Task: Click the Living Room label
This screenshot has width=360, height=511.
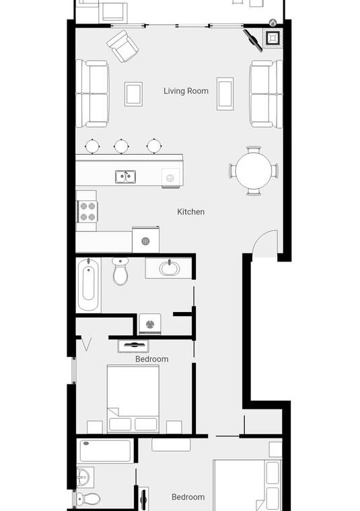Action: [186, 91]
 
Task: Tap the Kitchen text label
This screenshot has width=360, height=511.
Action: [190, 212]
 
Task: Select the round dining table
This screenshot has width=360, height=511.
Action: [254, 171]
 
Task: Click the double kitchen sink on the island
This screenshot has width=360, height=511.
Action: [126, 177]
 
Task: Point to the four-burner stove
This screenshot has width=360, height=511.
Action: [87, 211]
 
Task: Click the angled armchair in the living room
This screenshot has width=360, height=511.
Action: [122, 46]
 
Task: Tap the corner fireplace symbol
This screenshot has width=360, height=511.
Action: [273, 38]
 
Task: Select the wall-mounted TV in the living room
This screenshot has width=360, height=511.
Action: [253, 41]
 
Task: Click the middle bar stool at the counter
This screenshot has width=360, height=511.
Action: [121, 146]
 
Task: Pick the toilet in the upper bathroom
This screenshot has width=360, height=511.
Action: [120, 272]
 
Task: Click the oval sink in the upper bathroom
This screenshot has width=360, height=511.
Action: [170, 268]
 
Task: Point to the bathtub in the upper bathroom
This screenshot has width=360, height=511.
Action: [88, 284]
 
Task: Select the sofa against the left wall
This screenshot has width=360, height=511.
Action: [93, 94]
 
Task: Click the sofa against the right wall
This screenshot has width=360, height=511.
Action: [266, 94]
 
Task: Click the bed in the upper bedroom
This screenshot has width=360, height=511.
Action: [133, 399]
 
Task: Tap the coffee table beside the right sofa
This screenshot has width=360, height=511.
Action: [225, 94]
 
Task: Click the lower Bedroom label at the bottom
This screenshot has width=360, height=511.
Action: [188, 497]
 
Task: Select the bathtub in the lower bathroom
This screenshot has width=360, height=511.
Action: [106, 450]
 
